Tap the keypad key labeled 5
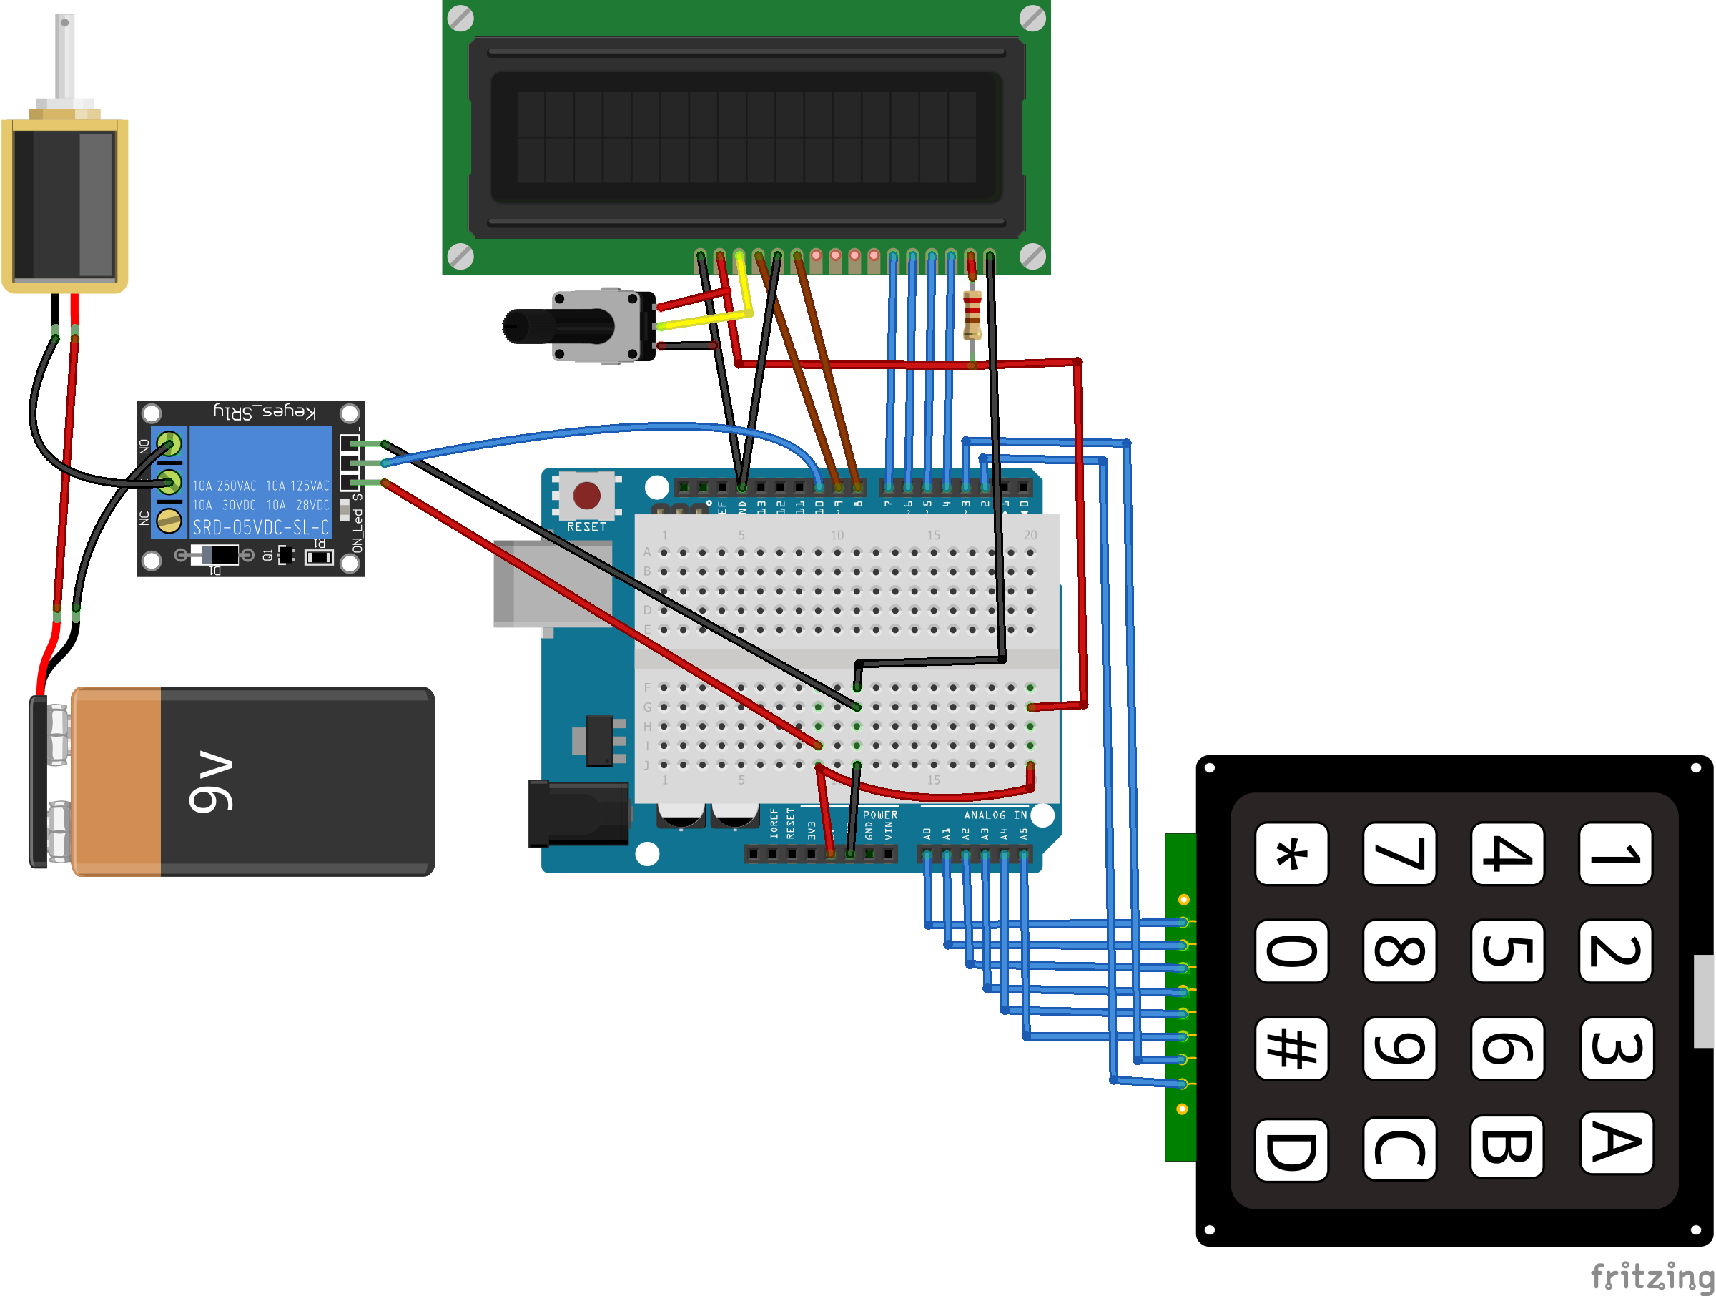coord(1507,951)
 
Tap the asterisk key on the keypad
coord(1291,854)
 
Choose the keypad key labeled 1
coord(1615,854)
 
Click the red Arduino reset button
coord(586,495)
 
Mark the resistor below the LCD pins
coord(971,314)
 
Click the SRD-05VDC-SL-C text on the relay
coord(261,528)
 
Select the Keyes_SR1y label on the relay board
coord(265,411)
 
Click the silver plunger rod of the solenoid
coord(65,58)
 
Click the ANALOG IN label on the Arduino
coord(995,815)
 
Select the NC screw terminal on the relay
coord(169,520)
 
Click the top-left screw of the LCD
coord(460,19)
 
